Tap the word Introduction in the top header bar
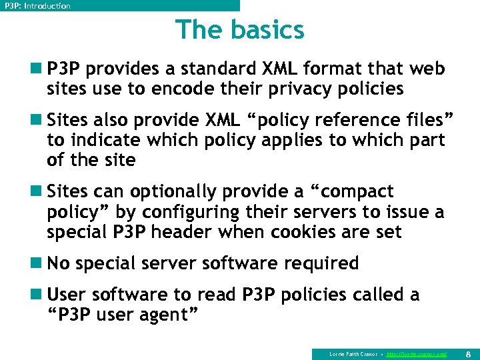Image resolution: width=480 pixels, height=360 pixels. pyautogui.click(x=46, y=6)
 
